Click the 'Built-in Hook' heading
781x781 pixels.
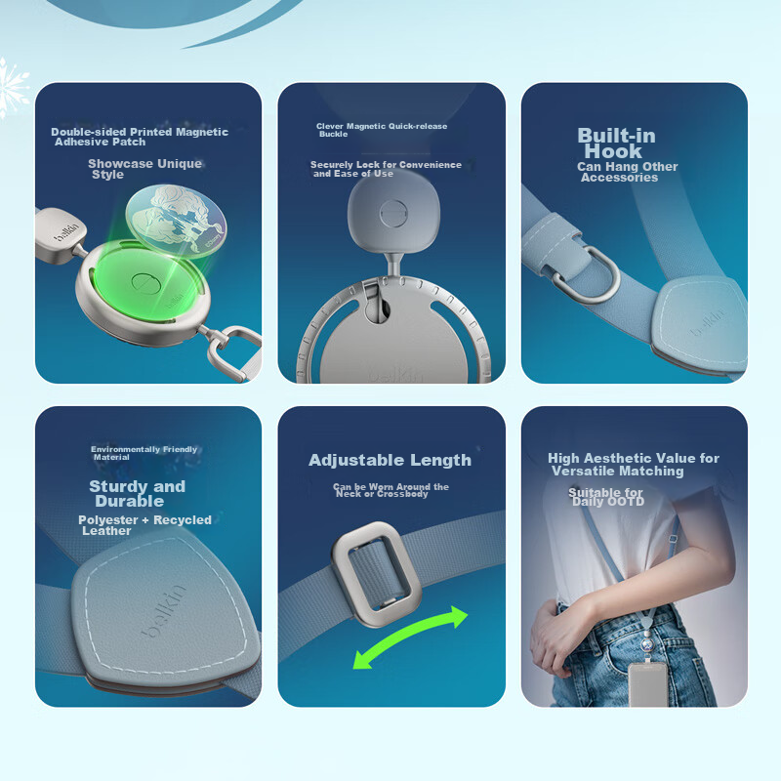[x=616, y=143]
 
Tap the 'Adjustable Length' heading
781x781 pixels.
[x=390, y=460]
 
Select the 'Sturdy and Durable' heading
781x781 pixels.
[x=137, y=493]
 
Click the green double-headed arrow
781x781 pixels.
[x=409, y=637]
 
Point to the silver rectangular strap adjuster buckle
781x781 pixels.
[x=376, y=573]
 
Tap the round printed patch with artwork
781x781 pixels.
[x=177, y=221]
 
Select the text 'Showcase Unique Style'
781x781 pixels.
[x=144, y=169]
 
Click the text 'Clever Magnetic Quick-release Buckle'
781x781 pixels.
[x=382, y=130]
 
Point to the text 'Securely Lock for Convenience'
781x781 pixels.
[x=386, y=165]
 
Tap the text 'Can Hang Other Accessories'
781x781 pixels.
[x=627, y=172]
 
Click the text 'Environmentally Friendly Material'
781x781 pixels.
[x=144, y=453]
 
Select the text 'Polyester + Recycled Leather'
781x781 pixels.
[x=144, y=525]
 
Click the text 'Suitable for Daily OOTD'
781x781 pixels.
[x=605, y=497]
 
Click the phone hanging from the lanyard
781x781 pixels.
[x=647, y=684]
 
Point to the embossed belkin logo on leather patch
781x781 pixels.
[x=164, y=611]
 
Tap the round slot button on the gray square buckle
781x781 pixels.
[x=393, y=214]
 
